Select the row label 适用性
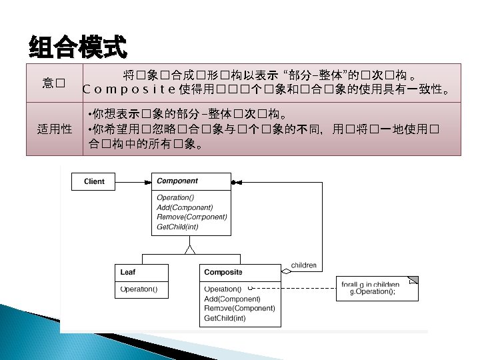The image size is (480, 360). click(54, 129)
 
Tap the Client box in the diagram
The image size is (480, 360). click(94, 181)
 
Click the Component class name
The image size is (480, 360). click(177, 181)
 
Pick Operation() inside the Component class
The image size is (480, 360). click(175, 197)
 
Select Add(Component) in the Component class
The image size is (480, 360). click(185, 207)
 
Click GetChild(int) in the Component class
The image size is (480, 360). click(177, 227)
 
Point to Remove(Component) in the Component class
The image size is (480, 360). click(191, 217)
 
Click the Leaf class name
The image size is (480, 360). click(127, 272)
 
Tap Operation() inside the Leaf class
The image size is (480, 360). click(139, 289)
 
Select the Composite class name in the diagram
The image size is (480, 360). click(223, 272)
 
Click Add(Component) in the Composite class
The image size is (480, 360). click(232, 299)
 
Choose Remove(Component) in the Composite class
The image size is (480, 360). click(239, 308)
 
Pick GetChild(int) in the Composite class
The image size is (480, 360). click(225, 318)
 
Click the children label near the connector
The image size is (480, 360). click(303, 265)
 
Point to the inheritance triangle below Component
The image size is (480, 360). click(190, 250)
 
